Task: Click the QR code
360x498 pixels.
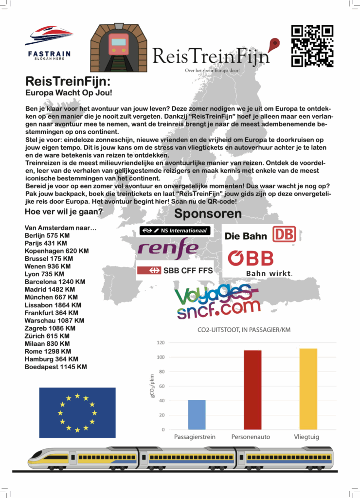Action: coord(312,46)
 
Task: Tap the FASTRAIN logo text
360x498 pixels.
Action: coord(49,53)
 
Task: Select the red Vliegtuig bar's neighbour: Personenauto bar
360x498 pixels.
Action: coord(252,390)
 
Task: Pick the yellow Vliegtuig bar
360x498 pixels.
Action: coord(308,389)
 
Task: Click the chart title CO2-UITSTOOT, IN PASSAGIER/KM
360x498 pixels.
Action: coord(244,330)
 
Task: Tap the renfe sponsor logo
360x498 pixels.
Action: coord(168,249)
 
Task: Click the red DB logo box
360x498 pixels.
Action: coord(284,234)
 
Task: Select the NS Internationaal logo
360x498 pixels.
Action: coord(175,231)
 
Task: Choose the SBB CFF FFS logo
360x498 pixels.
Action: coord(175,270)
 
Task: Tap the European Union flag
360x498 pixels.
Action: coord(77,412)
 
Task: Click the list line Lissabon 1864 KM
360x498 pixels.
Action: coord(53,305)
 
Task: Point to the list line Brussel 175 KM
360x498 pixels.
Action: coord(49,259)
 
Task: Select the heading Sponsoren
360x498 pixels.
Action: coord(208,213)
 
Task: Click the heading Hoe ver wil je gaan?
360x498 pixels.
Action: coord(63,212)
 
